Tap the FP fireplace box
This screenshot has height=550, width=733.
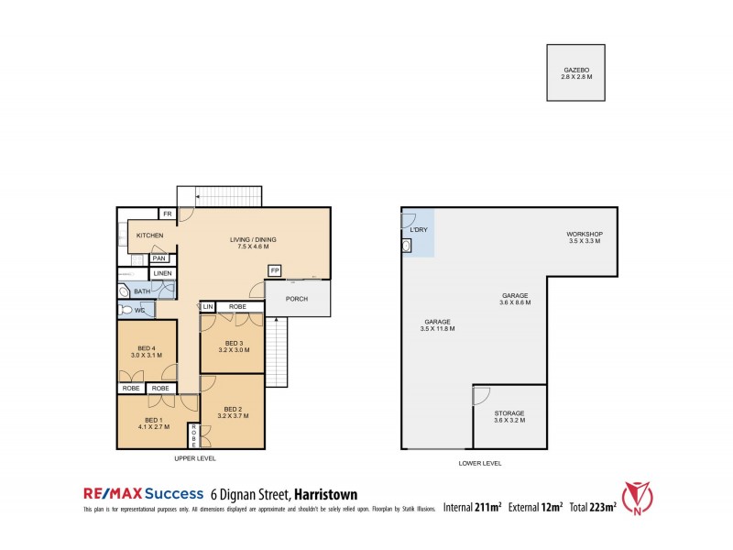[x=274, y=270]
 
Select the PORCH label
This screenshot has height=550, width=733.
[x=297, y=298]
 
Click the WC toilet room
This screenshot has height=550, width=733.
[x=141, y=310]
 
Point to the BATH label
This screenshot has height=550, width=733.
[x=142, y=291]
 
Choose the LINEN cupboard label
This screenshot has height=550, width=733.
[x=162, y=274]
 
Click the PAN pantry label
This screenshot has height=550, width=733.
[x=159, y=258]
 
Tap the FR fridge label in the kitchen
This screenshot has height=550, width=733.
[x=167, y=214]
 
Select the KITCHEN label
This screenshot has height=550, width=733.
[x=150, y=236]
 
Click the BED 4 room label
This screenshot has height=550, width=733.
[x=147, y=347]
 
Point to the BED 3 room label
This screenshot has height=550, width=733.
[x=231, y=343]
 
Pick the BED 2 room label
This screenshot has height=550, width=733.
[x=233, y=411]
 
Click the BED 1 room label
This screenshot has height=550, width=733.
[x=147, y=420]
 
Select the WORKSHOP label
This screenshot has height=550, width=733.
[x=584, y=234]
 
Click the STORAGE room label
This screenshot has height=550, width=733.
[x=509, y=413]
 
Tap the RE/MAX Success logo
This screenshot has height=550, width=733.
[x=141, y=493]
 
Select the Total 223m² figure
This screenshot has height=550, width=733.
[x=591, y=505]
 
